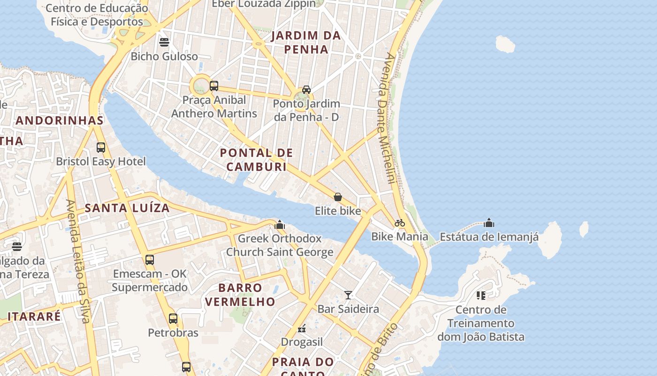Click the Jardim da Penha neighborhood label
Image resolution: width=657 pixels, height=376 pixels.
pos(306,42)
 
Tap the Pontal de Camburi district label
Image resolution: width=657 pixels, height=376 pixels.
pos(256,160)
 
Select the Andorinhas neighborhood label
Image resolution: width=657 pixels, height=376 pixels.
pos(60,120)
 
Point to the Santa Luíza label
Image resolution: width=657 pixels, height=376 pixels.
pos(127,208)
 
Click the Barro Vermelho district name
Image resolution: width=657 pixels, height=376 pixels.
pos(240,294)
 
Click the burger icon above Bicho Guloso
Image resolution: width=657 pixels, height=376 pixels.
pos(164,42)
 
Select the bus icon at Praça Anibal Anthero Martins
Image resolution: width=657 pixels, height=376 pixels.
pos(214,86)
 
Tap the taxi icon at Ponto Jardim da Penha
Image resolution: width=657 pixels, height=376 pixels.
pos(306,89)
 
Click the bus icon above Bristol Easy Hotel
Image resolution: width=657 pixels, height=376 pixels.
pos(101,148)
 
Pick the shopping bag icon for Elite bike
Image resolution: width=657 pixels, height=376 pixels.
pos(337,197)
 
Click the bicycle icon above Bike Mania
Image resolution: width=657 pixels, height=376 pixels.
pos(400,223)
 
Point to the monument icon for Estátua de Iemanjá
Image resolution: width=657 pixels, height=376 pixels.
pos(489,223)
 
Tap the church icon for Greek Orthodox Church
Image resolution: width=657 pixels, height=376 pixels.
pos(280,225)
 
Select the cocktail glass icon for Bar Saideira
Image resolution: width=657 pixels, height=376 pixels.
pos(348,295)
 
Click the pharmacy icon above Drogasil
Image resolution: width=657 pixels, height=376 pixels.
pos(302,328)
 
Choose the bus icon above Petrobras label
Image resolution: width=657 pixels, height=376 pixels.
pos(173,319)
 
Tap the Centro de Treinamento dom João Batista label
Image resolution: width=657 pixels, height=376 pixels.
pos(481,323)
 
